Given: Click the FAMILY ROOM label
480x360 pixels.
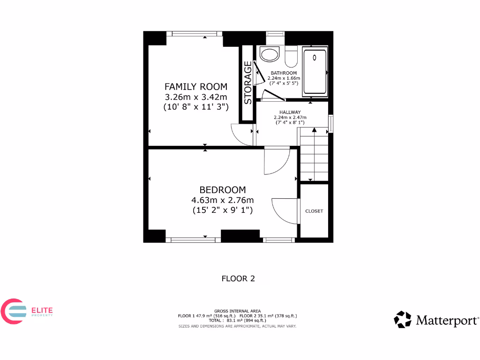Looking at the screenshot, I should (195, 87).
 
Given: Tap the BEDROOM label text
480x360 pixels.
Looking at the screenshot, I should (223, 190).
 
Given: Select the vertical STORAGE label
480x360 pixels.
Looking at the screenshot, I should (248, 82).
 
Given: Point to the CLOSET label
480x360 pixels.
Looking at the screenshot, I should (314, 211).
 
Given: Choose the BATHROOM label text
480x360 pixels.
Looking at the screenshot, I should (284, 73).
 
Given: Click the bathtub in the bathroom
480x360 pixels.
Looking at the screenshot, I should (315, 70).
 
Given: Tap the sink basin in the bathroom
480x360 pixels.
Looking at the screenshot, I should (270, 54).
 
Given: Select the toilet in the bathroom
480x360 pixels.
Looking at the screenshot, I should (291, 56).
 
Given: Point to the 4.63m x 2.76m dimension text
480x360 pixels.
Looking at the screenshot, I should (223, 201).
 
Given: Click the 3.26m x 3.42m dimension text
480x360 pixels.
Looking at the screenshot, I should (195, 97).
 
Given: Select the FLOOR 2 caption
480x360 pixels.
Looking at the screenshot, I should (238, 278).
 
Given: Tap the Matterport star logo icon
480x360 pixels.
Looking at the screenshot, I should (402, 320).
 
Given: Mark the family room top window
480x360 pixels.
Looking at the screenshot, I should (195, 34).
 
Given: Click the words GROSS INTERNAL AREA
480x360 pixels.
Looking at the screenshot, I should (237, 311).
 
